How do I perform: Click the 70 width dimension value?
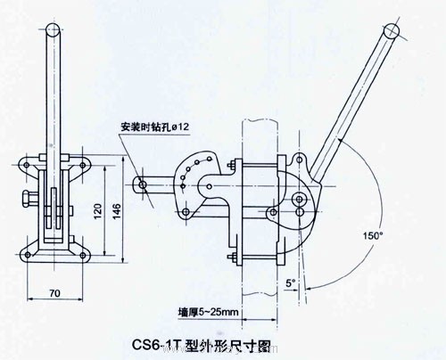[54, 293]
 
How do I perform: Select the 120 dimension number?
[98, 211]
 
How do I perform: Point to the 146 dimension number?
[117, 211]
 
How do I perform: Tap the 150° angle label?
[373, 235]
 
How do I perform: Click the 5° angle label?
[290, 283]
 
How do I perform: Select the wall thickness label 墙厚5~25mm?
[208, 312]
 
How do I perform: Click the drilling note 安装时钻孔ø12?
[154, 127]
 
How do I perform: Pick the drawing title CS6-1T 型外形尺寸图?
[201, 346]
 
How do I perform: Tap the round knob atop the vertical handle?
[54, 29]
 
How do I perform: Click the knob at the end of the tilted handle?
[392, 30]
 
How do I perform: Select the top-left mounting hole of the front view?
[26, 165]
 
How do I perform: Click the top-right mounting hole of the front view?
[82, 165]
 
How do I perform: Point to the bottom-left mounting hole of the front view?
[28, 255]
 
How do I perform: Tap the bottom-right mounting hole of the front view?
[82, 255]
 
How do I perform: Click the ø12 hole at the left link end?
[143, 185]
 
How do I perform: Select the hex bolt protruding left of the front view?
[29, 198]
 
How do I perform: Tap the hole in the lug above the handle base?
[300, 160]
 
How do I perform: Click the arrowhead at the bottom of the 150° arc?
[309, 288]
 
